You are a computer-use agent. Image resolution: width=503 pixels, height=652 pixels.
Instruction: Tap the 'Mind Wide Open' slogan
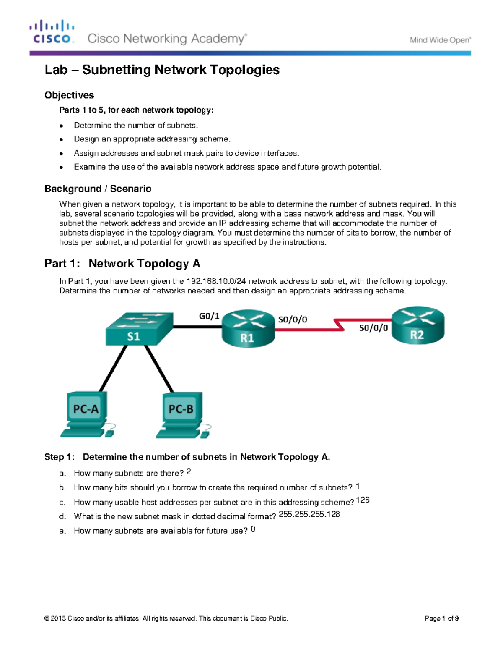coord(440,40)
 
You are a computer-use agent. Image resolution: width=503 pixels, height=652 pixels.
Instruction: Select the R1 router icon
coord(248,329)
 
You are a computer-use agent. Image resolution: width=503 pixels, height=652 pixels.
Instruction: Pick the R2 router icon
coord(417,326)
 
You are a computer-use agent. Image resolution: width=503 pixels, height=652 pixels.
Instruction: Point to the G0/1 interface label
coord(209,316)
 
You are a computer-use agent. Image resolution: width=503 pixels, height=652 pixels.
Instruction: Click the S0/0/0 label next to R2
coord(373,328)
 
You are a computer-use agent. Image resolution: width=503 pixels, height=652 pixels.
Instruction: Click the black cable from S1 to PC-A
coord(113,368)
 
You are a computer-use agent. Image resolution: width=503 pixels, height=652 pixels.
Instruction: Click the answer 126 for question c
coord(363,500)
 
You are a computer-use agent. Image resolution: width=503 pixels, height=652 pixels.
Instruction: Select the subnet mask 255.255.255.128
coord(309,514)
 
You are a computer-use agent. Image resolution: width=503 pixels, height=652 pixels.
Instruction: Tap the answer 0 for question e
coord(253,529)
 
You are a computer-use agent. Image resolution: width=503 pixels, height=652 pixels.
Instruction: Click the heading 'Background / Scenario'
coord(98,189)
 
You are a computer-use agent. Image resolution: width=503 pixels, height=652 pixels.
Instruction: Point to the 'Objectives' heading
coord(69,95)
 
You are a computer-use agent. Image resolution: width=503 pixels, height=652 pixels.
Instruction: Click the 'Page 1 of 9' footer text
coord(441,618)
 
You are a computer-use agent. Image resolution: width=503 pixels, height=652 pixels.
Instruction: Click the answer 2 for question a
coord(189,472)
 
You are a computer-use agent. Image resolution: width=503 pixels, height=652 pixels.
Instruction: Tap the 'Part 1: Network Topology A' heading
coord(122,264)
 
